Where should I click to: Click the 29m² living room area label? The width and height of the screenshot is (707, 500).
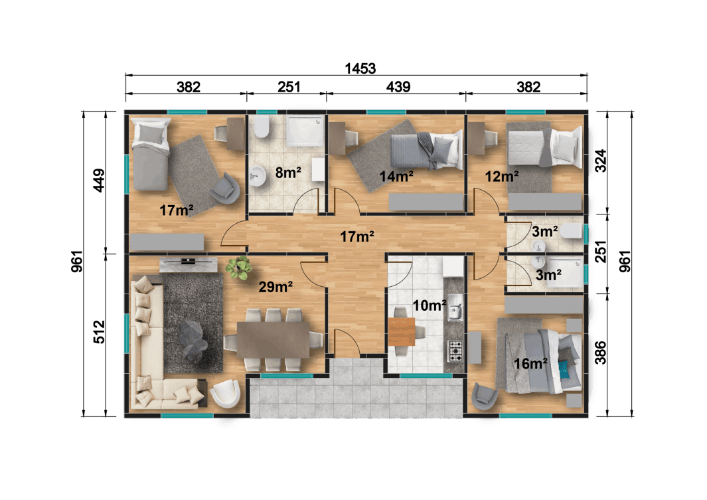pos(275,287)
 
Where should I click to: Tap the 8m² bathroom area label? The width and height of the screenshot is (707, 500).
pos(288,173)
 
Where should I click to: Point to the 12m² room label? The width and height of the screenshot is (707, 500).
pos(501,176)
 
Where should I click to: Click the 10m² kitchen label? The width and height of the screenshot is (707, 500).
pos(429,305)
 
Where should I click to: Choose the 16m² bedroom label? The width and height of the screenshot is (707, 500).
pos(530,363)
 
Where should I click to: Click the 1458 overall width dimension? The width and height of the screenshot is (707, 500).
pos(361,68)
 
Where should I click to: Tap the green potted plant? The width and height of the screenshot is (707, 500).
pos(239,268)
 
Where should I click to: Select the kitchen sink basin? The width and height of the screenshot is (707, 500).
pos(455,310)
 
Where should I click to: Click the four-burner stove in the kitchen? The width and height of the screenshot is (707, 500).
pos(455,351)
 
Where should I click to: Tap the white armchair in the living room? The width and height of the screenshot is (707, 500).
pos(225,393)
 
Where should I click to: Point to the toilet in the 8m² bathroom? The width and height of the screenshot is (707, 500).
pos(261,127)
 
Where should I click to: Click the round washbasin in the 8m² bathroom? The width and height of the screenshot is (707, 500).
pos(258,175)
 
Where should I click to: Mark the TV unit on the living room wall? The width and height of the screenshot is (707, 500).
pos(189,264)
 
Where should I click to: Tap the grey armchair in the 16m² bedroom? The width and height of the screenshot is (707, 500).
pos(485,396)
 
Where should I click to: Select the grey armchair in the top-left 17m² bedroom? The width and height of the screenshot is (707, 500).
pos(226,189)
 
